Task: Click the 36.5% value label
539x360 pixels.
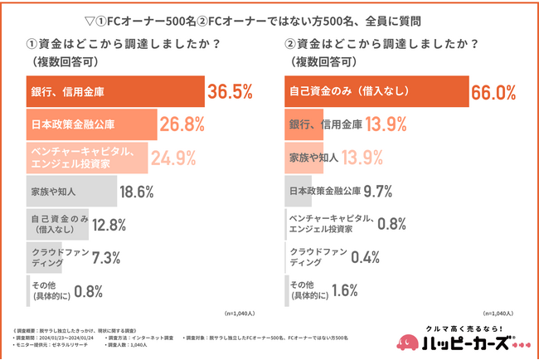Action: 229,91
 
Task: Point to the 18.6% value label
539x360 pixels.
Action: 138,192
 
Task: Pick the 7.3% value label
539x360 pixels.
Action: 85,258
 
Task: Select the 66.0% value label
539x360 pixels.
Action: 494,91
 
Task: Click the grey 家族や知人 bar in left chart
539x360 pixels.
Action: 67,192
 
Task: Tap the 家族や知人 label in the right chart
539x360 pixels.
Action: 311,157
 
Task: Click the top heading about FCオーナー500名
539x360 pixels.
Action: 270,20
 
